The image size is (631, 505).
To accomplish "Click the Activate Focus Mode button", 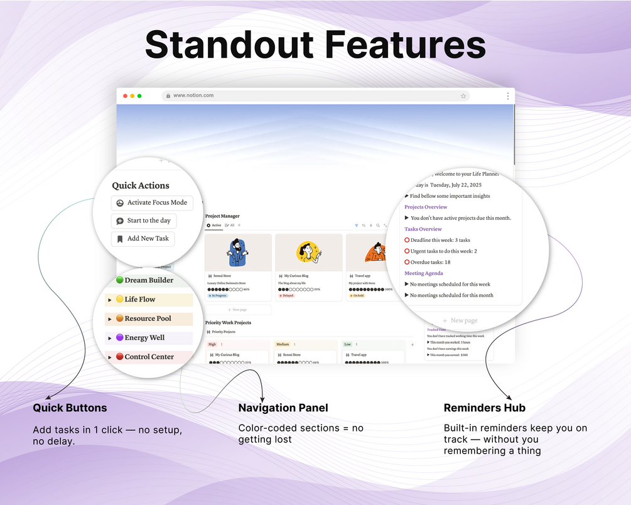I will pos(151,203).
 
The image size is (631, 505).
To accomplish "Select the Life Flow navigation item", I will pos(139,300).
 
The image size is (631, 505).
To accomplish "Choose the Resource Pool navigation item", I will pos(148,318).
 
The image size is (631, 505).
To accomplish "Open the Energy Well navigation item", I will pos(144,338).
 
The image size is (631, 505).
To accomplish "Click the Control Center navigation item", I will pos(149,357).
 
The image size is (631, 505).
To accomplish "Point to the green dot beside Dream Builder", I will pos(119,280).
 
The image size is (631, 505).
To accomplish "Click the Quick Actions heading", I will pos(141,185).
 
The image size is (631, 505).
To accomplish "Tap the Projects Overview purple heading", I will pos(426,207).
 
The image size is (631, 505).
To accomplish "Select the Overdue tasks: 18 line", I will pos(430,262).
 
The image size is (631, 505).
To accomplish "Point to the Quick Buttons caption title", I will pos(70,408).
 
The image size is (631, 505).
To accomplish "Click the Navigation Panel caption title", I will pos(283,408).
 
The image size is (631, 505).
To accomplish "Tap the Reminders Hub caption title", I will pos(485,408).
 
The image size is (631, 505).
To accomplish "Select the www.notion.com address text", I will pos(193,95).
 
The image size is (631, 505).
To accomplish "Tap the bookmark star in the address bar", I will pos(463,96).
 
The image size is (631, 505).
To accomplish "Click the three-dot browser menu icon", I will pos(507,96).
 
